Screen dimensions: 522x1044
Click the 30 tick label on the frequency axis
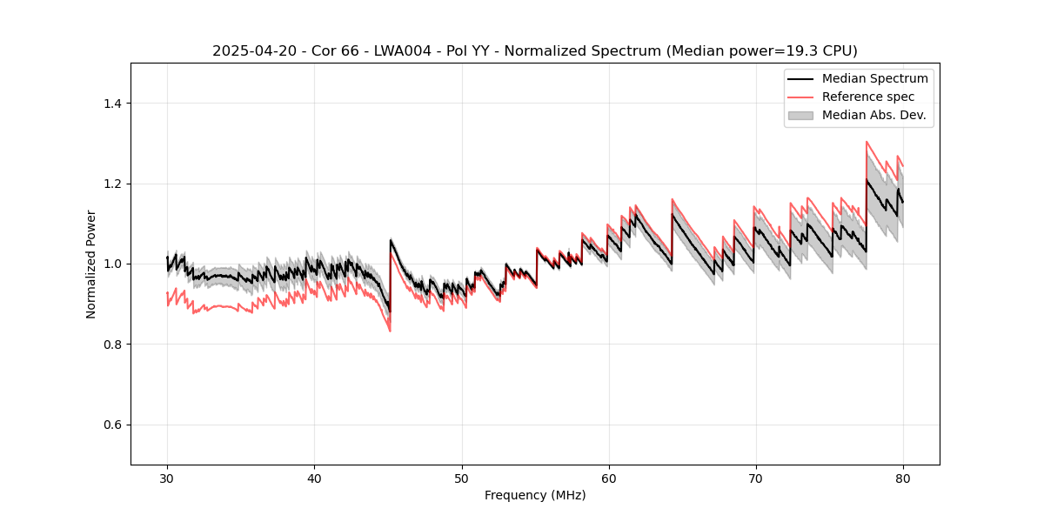[167, 478]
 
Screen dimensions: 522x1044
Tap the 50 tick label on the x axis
[461, 478]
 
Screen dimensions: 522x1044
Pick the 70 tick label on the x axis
[755, 478]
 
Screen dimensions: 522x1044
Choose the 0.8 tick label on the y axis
[113, 345]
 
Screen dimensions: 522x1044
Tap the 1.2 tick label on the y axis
[113, 184]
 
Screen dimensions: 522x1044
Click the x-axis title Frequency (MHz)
[535, 495]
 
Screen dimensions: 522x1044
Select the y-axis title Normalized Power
[91, 264]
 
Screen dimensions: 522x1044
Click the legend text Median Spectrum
[874, 78]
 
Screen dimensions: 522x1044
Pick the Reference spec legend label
[868, 97]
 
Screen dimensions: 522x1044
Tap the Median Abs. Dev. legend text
[873, 115]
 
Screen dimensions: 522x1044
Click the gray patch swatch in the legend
[800, 115]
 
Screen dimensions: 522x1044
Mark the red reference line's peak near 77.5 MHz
[867, 142]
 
